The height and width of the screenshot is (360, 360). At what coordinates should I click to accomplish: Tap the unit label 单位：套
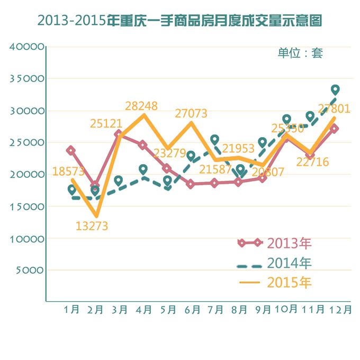pos(300,53)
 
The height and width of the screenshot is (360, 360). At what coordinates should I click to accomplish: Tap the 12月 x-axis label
pos(339,310)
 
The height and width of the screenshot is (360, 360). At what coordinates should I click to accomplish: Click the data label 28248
pos(141,106)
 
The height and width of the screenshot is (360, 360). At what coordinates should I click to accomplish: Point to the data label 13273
pos(92,227)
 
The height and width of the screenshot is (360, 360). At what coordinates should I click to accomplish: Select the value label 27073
pos(191,113)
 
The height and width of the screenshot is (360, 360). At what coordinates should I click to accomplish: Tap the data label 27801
pos(335,109)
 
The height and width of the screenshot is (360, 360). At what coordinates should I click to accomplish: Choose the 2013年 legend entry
pos(275,243)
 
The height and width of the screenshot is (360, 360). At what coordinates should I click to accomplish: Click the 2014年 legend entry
pos(275,263)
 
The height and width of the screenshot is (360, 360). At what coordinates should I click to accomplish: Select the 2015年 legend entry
pos(275,282)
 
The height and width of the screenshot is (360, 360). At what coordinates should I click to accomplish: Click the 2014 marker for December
pos(335,89)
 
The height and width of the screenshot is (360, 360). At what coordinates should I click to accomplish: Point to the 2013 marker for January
pos(71,150)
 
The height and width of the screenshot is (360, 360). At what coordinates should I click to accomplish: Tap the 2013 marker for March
pos(119,134)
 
